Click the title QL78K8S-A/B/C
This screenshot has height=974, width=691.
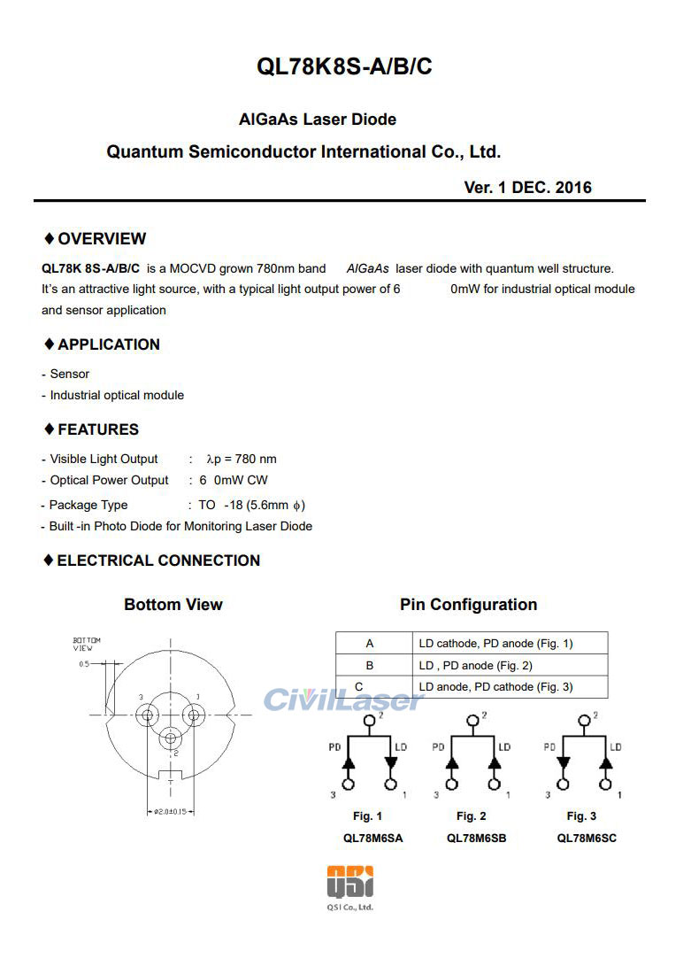tap(344, 66)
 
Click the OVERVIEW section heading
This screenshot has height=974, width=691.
tap(101, 239)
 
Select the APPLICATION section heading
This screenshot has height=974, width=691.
tap(108, 344)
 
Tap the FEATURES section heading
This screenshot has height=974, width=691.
tap(97, 429)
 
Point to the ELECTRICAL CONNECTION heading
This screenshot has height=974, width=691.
tap(157, 560)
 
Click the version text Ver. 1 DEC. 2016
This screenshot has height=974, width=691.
tap(527, 188)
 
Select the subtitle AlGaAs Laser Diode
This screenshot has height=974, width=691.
tap(318, 119)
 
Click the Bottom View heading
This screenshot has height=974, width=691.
tap(173, 605)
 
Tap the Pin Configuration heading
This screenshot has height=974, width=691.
tap(468, 605)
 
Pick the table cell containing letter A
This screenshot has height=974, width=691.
tap(370, 644)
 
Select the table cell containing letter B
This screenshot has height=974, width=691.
tap(370, 665)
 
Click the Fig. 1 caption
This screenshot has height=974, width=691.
tap(367, 816)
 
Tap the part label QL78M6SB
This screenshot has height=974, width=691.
tap(476, 838)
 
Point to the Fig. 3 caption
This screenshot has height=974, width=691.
tap(581, 816)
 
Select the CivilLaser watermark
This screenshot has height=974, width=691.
tap(344, 700)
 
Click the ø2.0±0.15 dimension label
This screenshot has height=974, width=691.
tap(168, 811)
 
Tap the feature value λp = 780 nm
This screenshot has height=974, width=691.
tap(241, 459)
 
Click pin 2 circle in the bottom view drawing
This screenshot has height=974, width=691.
tap(171, 735)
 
